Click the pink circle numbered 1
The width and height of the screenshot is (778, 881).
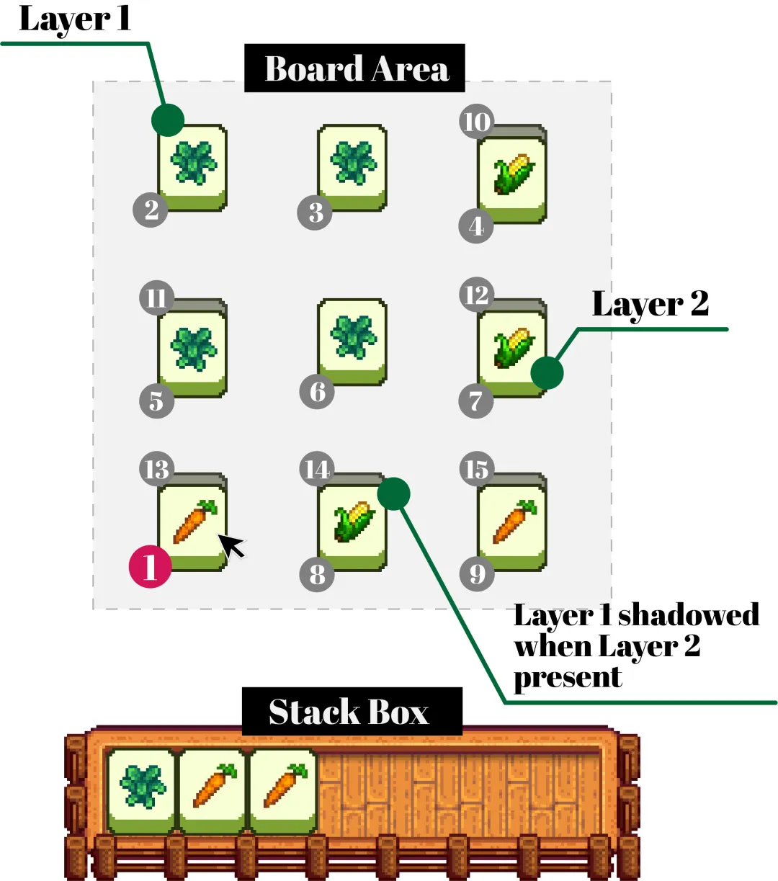click(150, 566)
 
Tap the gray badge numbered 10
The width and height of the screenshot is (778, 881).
click(476, 122)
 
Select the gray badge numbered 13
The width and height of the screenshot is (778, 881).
click(156, 470)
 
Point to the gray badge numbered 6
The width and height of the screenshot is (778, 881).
click(317, 392)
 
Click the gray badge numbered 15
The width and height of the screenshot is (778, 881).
click(476, 470)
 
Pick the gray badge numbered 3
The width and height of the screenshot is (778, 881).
click(316, 213)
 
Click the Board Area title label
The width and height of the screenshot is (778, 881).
click(354, 68)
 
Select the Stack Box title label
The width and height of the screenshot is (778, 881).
click(351, 712)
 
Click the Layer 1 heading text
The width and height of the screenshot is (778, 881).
click(75, 18)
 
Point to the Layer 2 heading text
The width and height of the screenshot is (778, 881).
click(650, 303)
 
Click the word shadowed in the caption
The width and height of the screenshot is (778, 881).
click(688, 615)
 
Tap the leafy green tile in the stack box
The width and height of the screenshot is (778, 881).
click(141, 789)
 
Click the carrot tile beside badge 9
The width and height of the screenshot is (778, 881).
click(513, 524)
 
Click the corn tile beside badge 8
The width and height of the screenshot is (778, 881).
click(353, 524)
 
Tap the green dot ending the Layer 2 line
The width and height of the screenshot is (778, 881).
click(547, 373)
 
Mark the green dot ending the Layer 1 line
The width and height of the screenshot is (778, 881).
click(168, 120)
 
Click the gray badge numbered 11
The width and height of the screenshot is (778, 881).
click(156, 298)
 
